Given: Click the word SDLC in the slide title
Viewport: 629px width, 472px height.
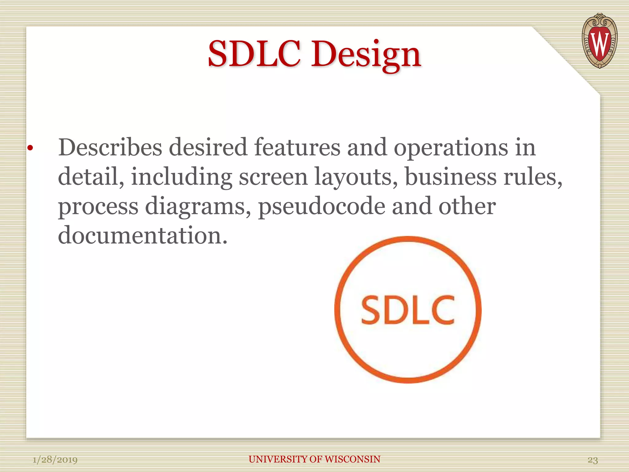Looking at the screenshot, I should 254,54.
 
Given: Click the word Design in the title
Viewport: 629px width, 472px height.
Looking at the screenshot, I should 366,55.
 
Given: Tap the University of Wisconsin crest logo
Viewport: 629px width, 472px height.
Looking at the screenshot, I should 599,41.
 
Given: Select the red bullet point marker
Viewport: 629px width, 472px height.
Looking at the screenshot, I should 30,148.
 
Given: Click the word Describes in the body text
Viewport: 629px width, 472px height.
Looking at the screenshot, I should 110,147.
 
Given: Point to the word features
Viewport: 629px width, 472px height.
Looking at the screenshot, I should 297,147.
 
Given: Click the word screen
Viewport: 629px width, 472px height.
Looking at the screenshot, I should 273,177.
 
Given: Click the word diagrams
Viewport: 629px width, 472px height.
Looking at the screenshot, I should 197,207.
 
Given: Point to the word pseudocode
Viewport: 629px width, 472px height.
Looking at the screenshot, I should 322,207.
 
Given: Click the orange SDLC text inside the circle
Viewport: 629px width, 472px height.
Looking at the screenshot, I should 408,310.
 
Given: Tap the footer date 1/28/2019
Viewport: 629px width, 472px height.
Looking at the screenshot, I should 55,460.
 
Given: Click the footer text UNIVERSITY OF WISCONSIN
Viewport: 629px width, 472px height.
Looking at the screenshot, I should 314,459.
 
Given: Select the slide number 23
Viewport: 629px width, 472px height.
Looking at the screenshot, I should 592,460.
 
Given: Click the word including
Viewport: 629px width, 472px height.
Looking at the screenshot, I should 182,177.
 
